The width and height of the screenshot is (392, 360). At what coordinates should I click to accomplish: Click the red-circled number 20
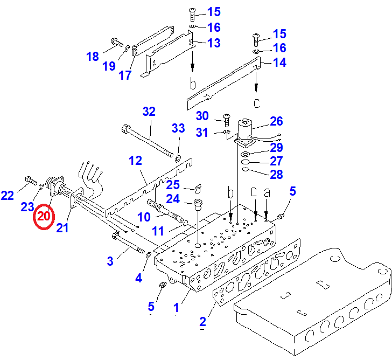point(43,217)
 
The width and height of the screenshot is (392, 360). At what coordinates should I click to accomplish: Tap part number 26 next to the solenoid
point(276,121)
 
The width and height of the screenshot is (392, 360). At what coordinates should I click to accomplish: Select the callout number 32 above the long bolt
point(149,112)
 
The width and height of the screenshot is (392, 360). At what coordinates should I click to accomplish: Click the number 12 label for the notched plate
point(135,161)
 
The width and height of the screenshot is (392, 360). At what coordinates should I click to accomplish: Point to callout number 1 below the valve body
point(176,308)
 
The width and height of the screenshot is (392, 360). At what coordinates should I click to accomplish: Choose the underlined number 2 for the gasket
point(202,322)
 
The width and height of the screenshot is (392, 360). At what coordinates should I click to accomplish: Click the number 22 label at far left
point(7,196)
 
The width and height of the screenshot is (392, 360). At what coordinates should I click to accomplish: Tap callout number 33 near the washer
point(178,128)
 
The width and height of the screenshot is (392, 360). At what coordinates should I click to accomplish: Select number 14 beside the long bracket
point(279,63)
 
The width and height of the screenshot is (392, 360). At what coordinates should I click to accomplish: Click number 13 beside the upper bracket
point(214,43)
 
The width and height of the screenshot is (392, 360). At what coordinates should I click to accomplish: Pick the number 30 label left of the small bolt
point(202,116)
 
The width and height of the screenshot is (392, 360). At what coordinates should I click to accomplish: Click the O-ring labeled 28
point(245,170)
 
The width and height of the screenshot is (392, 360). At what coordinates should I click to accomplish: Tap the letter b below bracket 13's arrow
point(193,84)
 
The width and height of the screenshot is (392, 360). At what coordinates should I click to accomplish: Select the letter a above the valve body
point(266,192)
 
